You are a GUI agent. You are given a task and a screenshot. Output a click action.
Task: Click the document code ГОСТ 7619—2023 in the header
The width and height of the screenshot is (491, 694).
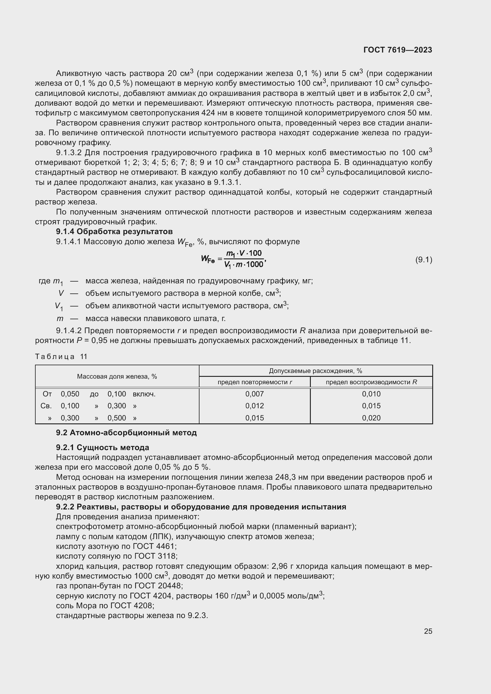click(397, 50)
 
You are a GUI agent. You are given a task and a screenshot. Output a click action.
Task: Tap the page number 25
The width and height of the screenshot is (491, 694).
click(428, 631)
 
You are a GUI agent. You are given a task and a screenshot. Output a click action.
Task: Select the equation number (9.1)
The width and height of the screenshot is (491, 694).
click(424, 260)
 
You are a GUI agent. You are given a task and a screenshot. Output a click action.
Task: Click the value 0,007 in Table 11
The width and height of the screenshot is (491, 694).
click(254, 394)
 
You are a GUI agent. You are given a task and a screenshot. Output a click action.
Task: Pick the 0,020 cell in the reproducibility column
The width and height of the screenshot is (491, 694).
click(371, 418)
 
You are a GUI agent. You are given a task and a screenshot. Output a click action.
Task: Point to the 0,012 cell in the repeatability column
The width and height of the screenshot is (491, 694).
click(254, 406)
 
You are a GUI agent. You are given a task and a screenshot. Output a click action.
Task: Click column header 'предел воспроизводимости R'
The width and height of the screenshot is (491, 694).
click(371, 382)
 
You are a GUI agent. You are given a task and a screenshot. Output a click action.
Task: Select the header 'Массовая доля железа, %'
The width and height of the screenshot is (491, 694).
click(117, 376)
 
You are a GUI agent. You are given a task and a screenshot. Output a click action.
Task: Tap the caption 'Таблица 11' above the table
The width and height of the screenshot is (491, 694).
click(61, 357)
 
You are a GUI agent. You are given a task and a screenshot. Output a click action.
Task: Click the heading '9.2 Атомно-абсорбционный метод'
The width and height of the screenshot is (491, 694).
click(126, 433)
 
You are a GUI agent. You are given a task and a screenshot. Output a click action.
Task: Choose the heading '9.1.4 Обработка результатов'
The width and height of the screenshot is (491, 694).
click(114, 231)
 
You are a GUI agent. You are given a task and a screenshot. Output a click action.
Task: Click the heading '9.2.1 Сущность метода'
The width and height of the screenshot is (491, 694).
click(102, 447)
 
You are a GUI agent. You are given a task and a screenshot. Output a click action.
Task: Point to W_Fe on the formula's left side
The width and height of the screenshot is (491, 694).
click(208, 259)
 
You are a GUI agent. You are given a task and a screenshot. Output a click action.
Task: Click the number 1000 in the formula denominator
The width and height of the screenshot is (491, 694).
click(255, 265)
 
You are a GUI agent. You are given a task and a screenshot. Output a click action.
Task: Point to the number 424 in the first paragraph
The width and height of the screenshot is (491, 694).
click(209, 113)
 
